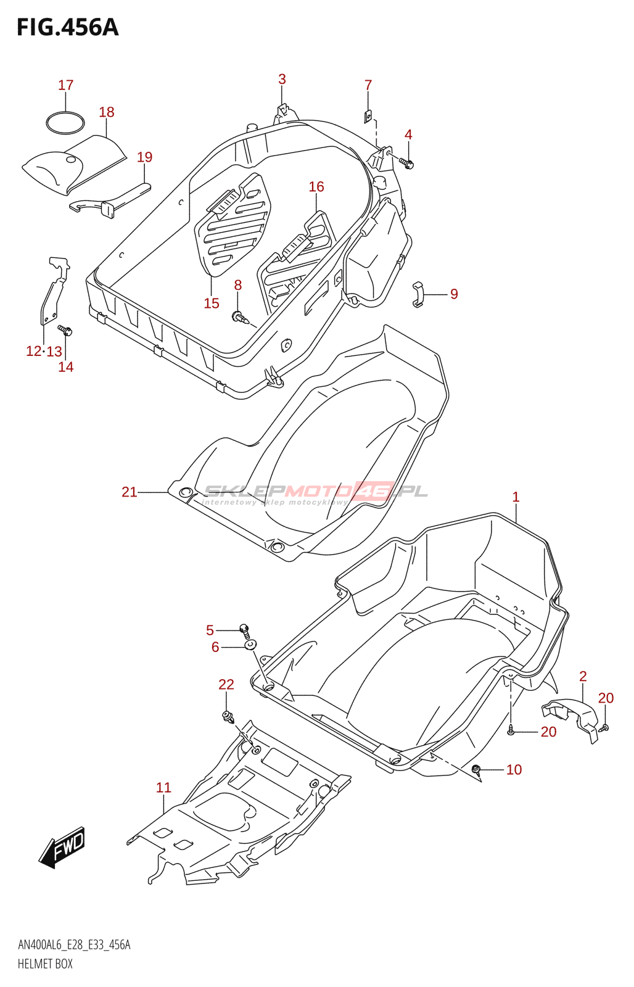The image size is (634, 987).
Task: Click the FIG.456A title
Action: click(x=67, y=28)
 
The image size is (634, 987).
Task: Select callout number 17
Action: click(x=66, y=85)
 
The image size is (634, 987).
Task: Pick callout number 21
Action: click(x=129, y=492)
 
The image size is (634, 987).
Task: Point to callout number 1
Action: click(x=516, y=497)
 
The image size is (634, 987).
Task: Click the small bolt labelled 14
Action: click(x=65, y=330)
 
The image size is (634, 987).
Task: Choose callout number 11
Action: click(x=163, y=787)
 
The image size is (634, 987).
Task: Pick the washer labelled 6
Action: click(x=250, y=645)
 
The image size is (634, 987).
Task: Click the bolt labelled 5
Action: click(x=245, y=630)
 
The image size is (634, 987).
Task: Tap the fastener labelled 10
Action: click(x=476, y=769)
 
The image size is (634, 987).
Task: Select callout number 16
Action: click(x=316, y=186)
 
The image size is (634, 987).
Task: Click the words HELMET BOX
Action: click(x=45, y=964)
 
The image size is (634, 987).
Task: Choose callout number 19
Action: click(x=144, y=157)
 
